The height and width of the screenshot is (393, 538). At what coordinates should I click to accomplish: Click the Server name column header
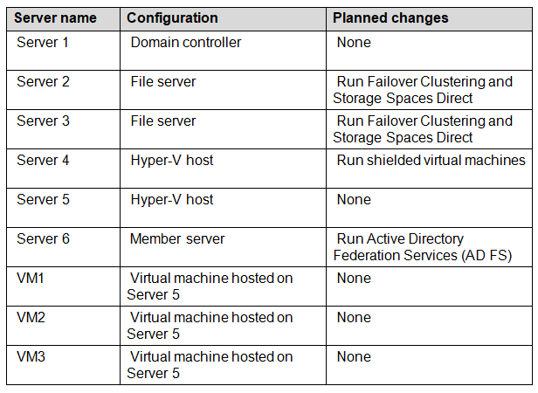pos(55,17)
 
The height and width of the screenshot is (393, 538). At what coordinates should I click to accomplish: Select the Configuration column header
pos(172,17)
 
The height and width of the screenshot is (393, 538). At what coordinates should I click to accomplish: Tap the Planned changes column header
pos(390,17)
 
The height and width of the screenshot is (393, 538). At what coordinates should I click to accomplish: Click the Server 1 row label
pos(43,42)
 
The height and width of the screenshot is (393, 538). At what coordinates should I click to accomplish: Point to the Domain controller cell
pos(186,42)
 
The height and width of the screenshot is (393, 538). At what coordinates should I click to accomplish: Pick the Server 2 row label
pos(43,82)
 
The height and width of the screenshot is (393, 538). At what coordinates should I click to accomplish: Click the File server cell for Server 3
pos(163,121)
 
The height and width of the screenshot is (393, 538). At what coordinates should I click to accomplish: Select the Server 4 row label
pos(43,161)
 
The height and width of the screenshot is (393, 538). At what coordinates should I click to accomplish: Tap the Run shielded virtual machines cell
pos(431,161)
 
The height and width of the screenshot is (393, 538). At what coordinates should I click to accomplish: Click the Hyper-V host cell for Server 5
pos(172,199)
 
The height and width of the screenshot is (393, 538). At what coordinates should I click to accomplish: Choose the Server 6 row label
pos(43,239)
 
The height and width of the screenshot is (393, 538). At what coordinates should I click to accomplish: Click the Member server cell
pos(177,239)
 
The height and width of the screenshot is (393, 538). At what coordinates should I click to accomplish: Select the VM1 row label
pos(31,278)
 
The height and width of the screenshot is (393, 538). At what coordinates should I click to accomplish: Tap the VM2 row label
pos(31,318)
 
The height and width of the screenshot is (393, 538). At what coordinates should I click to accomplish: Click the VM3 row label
pos(31,356)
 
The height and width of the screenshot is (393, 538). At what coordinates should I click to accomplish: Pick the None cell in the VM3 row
pos(354,356)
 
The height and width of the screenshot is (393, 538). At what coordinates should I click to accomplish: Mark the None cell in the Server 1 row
pos(354,42)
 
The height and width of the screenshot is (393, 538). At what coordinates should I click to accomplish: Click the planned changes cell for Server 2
pos(423,90)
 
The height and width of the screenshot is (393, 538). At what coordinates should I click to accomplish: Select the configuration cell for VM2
pos(210,326)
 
